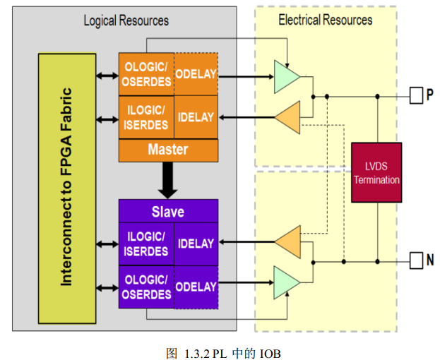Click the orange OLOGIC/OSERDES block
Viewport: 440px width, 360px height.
point(145,75)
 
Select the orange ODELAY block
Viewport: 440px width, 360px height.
point(196,75)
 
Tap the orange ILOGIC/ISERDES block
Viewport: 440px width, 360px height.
point(145,116)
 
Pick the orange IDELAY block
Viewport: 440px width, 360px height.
point(196,116)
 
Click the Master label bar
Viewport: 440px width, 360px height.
point(168,150)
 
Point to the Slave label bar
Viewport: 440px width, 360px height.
point(168,212)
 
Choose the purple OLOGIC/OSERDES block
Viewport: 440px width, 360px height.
point(145,287)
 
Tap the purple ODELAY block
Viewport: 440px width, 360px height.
point(196,287)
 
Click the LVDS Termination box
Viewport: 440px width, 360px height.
point(376,173)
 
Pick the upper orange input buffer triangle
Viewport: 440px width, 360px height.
point(288,116)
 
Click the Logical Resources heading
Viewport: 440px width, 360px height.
point(126,20)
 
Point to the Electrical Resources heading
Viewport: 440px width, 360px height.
point(325,20)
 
